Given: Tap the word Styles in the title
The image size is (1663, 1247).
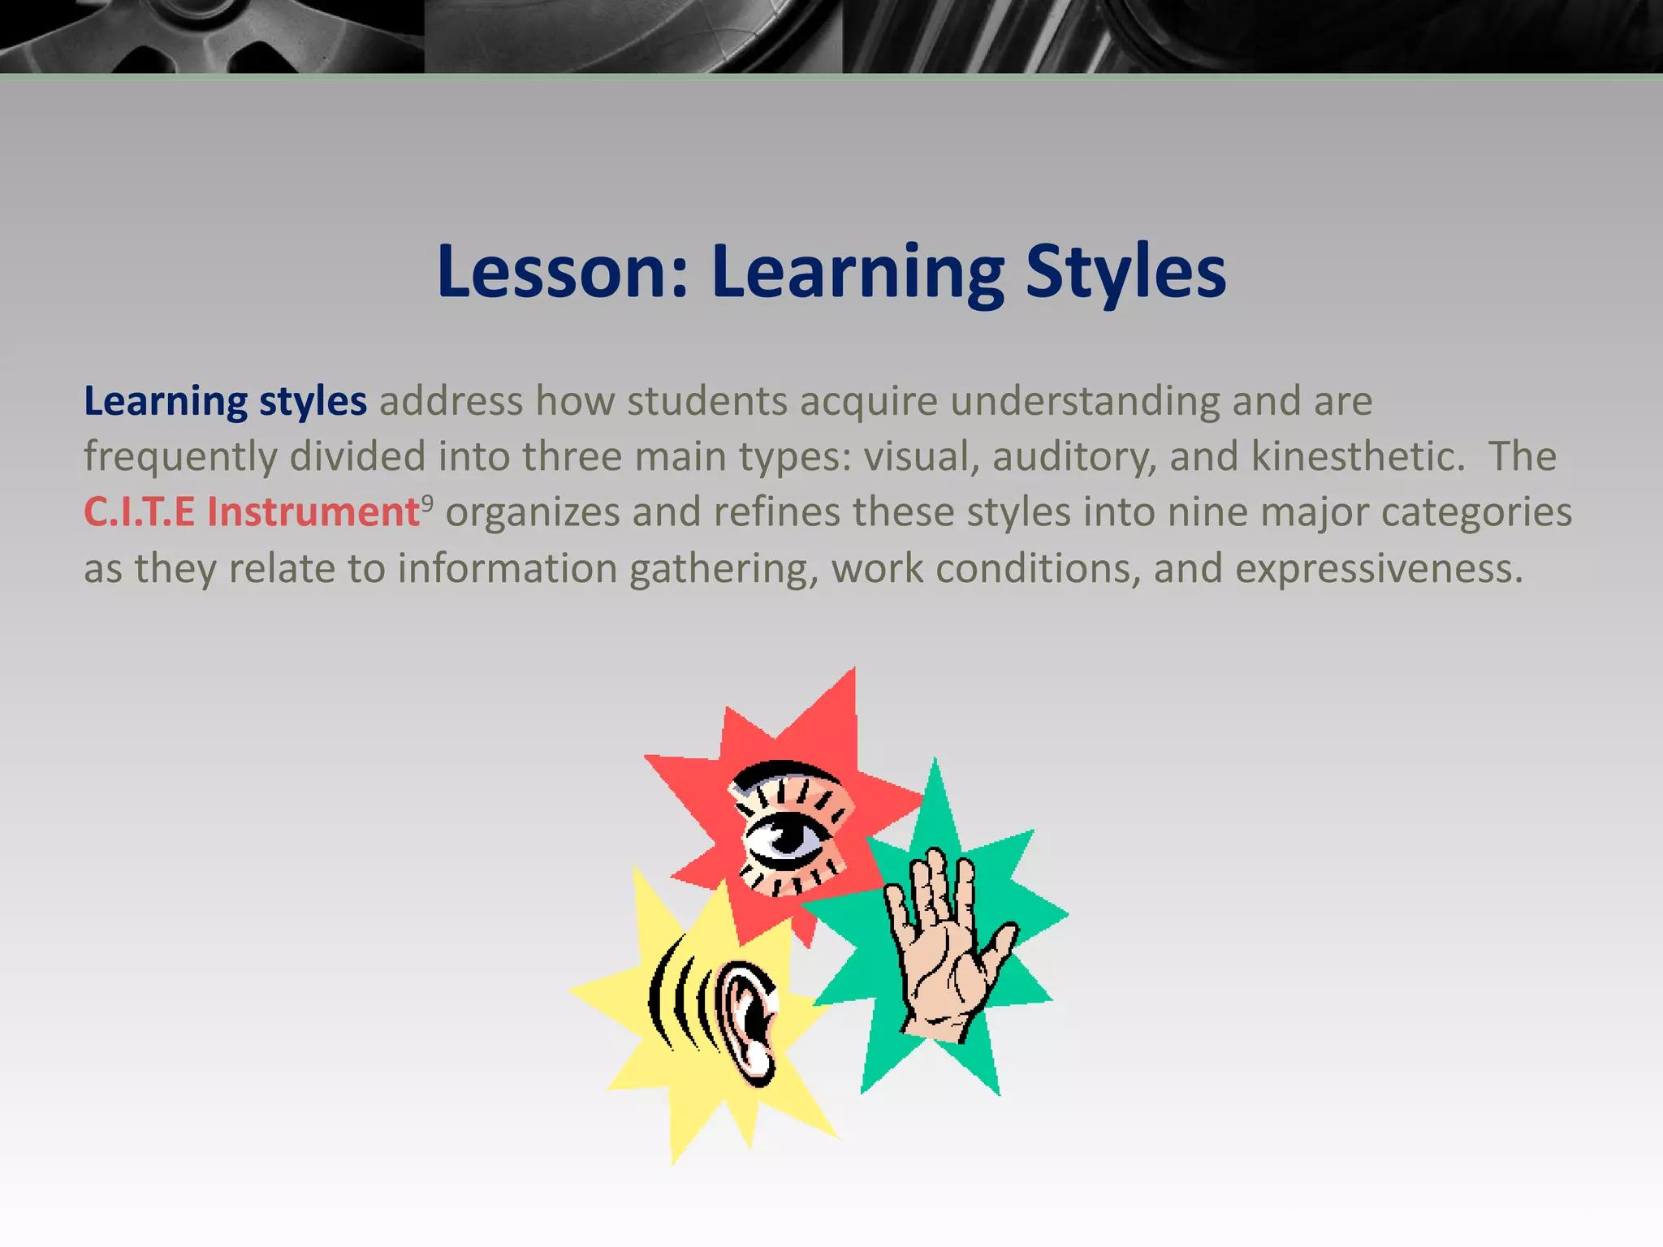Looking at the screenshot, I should pos(1125,272).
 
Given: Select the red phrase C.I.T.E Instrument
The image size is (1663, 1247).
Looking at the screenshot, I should pos(252,512).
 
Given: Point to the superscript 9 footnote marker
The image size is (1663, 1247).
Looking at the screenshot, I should pos(427,503).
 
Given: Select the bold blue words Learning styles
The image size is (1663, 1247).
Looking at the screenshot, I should pos(225,401).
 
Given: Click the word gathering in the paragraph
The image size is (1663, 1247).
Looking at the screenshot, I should pos(723,568).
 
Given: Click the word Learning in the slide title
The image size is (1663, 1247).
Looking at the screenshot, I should pos(857,272).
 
